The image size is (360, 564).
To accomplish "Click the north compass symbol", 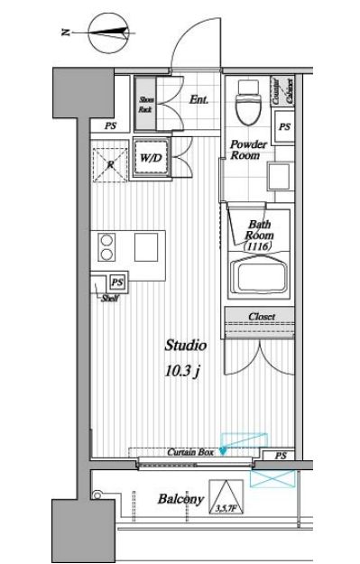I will (106, 35).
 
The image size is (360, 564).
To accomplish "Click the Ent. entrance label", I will (199, 100).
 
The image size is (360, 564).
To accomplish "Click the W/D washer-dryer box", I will (149, 159).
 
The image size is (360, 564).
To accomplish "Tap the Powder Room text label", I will (245, 150).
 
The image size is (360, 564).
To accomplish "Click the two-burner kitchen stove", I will (109, 246).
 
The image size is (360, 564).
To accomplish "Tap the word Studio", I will (185, 345).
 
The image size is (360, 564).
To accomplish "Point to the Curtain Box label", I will (189, 452).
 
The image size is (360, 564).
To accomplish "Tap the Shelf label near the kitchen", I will (110, 299).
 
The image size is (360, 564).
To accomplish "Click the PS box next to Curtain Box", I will (281, 456).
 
